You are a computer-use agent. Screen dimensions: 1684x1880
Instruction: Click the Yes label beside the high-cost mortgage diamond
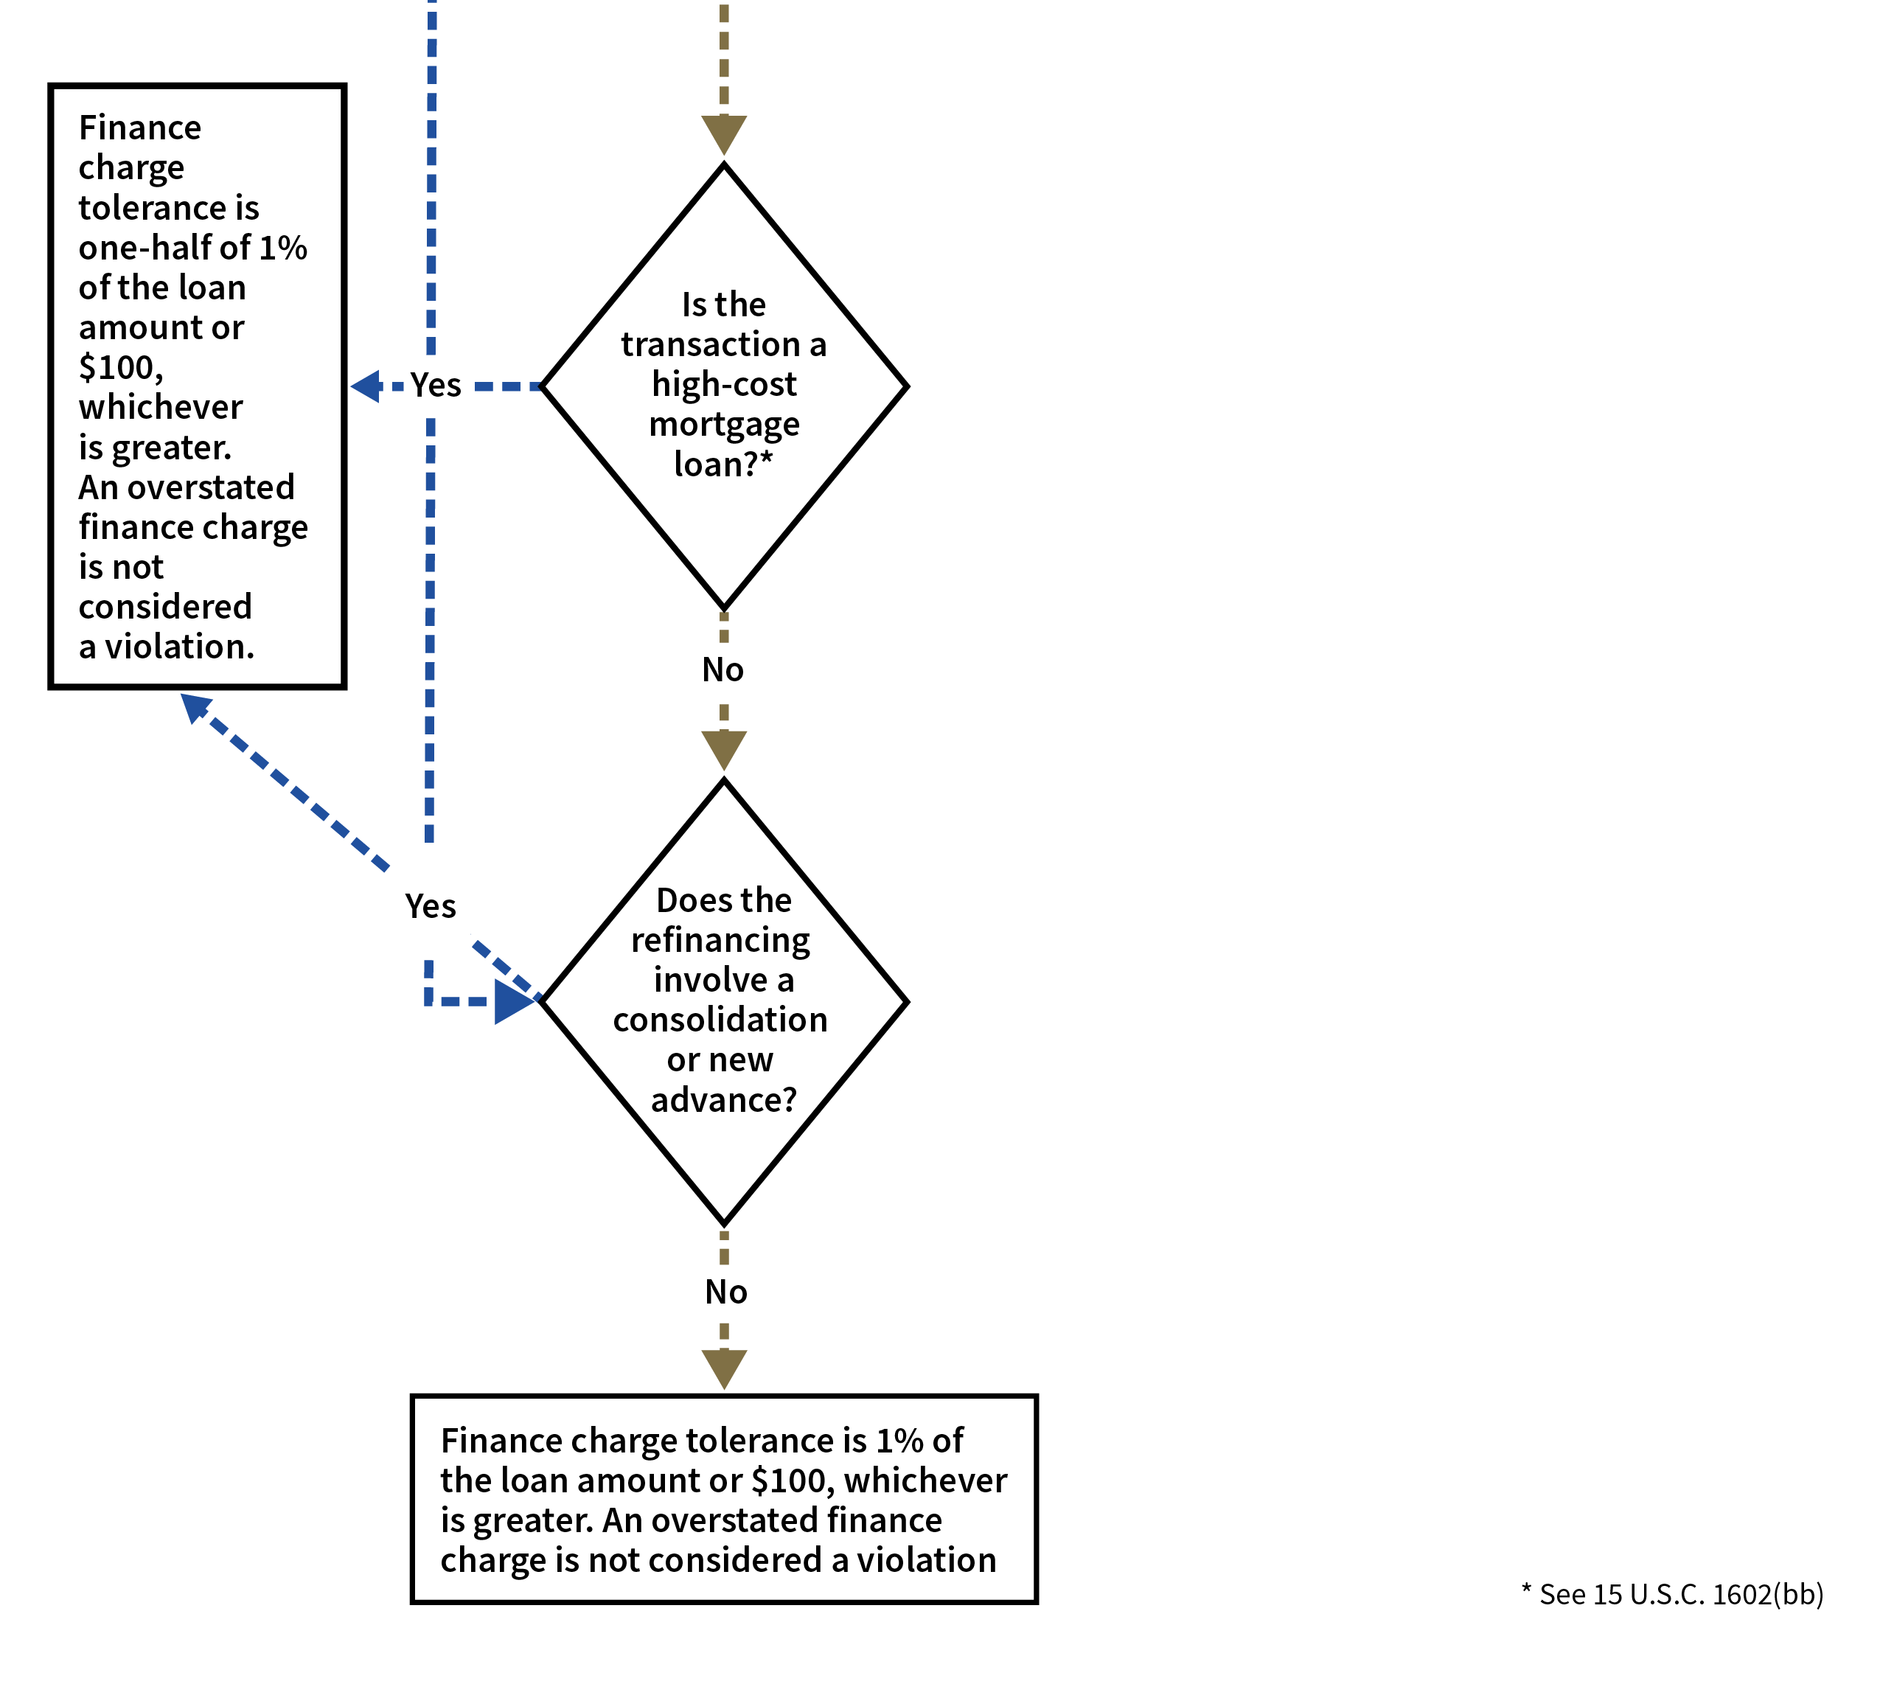point(436,385)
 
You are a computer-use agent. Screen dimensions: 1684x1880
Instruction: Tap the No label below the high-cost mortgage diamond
point(723,670)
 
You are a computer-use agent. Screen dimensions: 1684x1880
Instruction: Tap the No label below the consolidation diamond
point(726,1292)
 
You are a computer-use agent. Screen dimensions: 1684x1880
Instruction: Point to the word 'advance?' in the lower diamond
point(723,1100)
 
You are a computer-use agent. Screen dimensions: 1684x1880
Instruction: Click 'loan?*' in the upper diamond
point(723,464)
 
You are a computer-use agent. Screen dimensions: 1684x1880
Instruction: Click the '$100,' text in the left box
point(121,367)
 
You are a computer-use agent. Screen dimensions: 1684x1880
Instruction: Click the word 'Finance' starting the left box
point(139,128)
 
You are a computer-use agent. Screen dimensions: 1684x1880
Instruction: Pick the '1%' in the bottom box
point(899,1441)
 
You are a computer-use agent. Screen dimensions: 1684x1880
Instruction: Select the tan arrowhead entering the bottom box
point(723,1368)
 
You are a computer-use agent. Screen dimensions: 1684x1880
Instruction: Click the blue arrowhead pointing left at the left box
point(366,386)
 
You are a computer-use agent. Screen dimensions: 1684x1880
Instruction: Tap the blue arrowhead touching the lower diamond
point(515,1001)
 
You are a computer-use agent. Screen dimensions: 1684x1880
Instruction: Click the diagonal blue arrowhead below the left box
point(195,708)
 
